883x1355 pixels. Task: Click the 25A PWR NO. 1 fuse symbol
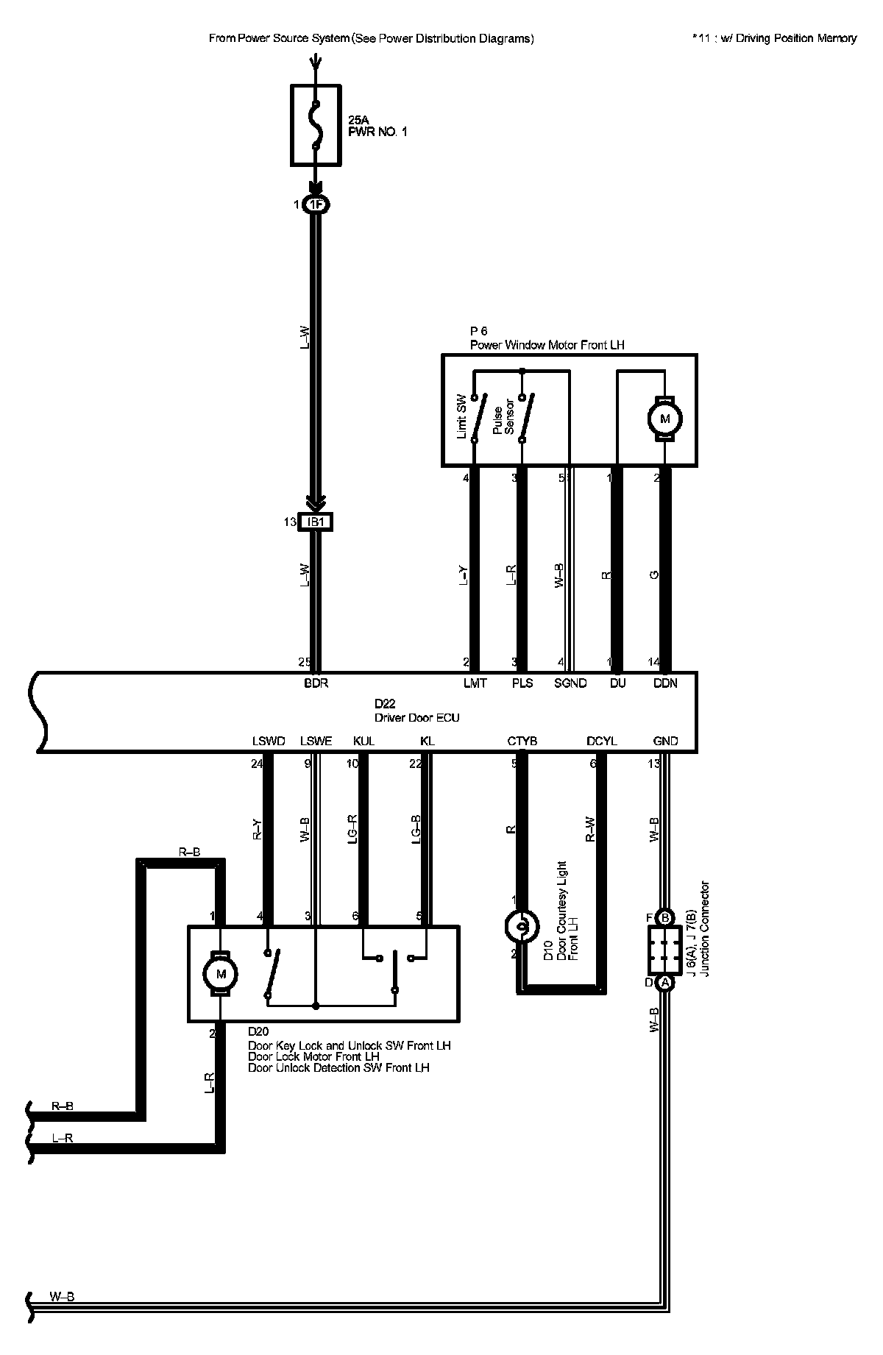[316, 125]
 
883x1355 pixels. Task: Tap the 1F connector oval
[316, 205]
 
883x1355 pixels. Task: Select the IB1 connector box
[316, 522]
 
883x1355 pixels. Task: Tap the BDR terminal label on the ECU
[316, 683]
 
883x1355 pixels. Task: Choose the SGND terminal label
[570, 683]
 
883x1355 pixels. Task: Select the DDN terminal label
[665, 683]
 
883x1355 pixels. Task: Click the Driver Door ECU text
[417, 717]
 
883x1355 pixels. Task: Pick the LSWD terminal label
[268, 741]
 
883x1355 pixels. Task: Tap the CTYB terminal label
[522, 741]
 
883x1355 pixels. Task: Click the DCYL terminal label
[602, 741]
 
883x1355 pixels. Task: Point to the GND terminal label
[665, 741]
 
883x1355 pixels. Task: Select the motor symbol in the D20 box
[219, 974]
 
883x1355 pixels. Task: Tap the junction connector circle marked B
[664, 917]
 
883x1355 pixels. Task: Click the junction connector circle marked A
[664, 983]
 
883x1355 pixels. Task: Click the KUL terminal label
[364, 741]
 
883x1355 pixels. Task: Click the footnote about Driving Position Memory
[774, 38]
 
